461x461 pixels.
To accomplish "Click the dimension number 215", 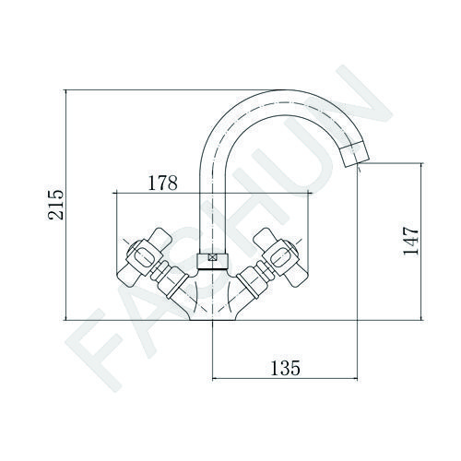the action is click(x=55, y=205).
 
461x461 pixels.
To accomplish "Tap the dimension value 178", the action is click(x=162, y=183).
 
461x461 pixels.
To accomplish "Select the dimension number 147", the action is click(x=411, y=241).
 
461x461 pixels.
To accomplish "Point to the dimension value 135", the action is click(x=285, y=368).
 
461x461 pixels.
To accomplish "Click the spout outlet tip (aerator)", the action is click(x=355, y=154).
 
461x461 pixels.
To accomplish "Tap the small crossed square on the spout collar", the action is click(x=212, y=258).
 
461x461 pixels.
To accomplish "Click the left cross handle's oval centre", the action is click(x=142, y=257).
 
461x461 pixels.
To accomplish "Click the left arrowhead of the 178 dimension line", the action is click(x=115, y=193).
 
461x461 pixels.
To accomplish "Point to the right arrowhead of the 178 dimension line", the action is click(x=310, y=193).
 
